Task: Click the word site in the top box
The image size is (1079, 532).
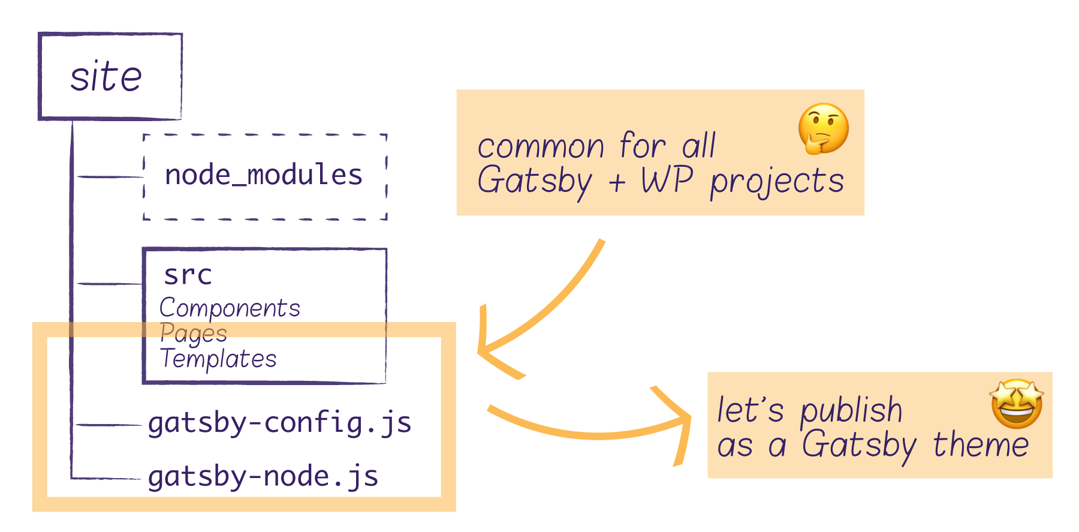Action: point(106,77)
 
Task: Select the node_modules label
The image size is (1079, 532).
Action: point(264,175)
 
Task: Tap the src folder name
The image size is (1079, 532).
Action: point(188,275)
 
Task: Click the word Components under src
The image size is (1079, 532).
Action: point(230,308)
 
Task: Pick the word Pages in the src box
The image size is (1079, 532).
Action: point(194,333)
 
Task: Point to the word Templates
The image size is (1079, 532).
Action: point(218,359)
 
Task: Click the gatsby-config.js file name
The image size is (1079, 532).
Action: point(279,423)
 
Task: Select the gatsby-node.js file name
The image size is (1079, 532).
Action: point(263,477)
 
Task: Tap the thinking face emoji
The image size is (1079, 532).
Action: point(823,128)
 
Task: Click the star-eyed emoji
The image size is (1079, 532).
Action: point(1017,404)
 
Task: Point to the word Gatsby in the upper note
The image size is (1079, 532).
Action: point(535,181)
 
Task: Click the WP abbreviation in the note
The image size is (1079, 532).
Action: point(667,179)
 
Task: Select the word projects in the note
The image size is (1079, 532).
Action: point(777,182)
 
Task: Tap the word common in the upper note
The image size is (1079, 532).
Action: point(541,147)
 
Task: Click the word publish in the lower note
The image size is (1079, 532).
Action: point(851,411)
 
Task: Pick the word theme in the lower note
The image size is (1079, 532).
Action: point(981,445)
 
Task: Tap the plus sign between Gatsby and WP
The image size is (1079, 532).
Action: point(617,182)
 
